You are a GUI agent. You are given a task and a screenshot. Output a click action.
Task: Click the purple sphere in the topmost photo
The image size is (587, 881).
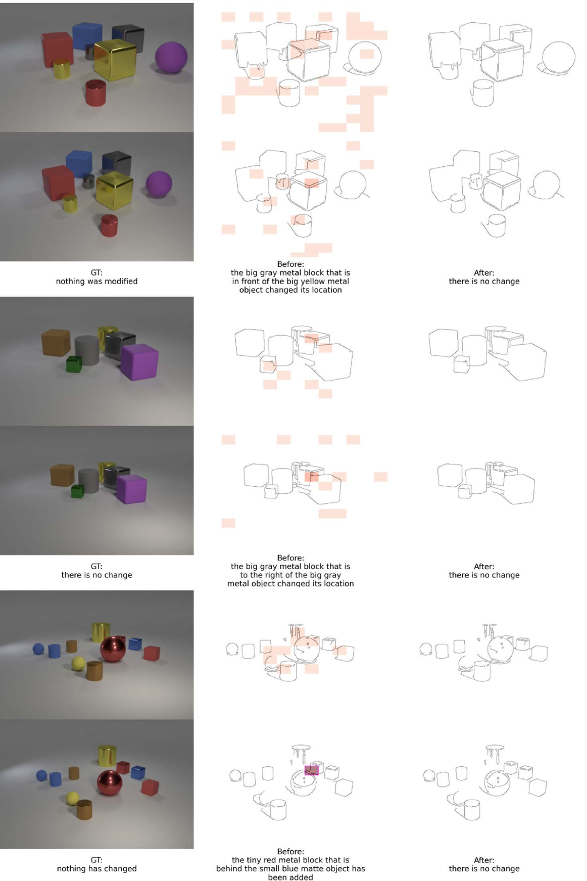(x=171, y=57)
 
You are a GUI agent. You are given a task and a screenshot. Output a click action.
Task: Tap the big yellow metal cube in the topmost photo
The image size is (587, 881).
(x=115, y=60)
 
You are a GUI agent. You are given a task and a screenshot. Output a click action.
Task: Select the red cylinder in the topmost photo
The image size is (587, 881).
(x=95, y=93)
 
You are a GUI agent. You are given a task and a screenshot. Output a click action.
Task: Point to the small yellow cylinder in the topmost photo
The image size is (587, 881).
(x=62, y=69)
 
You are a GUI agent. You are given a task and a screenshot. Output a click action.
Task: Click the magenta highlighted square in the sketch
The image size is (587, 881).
(x=311, y=770)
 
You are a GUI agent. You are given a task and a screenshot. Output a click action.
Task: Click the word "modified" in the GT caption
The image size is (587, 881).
(x=121, y=281)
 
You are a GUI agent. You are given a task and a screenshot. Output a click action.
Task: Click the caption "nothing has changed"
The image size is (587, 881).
(x=96, y=868)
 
